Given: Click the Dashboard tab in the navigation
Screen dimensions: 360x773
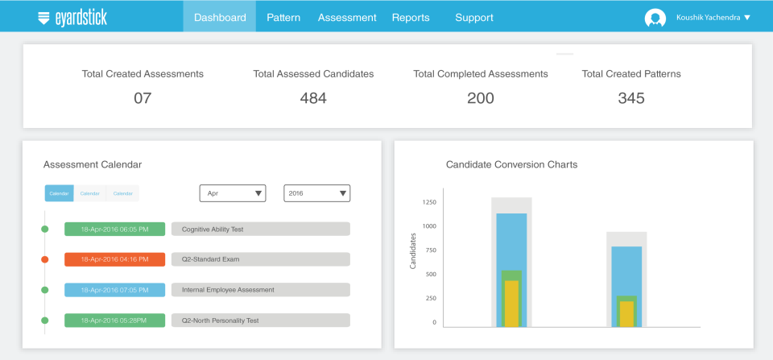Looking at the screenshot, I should click(220, 17).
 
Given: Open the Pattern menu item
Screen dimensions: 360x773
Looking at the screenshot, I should click(283, 17).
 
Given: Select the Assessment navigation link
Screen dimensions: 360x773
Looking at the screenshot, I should click(347, 17).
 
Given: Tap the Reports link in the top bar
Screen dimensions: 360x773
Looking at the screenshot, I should click(411, 17).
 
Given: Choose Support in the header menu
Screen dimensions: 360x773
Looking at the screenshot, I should click(474, 17).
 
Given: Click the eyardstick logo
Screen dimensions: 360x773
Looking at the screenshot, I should click(72, 17).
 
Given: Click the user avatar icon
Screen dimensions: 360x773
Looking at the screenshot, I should click(655, 18).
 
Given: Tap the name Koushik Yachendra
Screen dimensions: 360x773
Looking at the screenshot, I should click(709, 17).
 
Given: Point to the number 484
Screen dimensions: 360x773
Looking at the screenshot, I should click(313, 98).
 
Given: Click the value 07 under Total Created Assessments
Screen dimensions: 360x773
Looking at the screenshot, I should click(143, 98).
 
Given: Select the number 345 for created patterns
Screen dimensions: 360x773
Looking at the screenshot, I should click(631, 98).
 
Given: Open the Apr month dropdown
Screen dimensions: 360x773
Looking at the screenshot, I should click(233, 193).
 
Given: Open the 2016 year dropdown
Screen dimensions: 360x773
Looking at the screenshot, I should click(317, 193).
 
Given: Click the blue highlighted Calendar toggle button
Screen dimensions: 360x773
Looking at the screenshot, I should click(59, 193).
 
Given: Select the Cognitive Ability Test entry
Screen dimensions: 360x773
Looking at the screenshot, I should click(261, 230).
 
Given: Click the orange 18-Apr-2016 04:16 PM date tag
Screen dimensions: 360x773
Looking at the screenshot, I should click(114, 259).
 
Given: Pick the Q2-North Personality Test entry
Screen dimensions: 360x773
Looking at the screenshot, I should click(261, 321).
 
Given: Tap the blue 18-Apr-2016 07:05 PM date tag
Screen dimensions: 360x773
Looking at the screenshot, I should click(114, 290).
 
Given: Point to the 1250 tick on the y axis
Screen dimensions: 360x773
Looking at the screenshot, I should click(428, 202).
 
